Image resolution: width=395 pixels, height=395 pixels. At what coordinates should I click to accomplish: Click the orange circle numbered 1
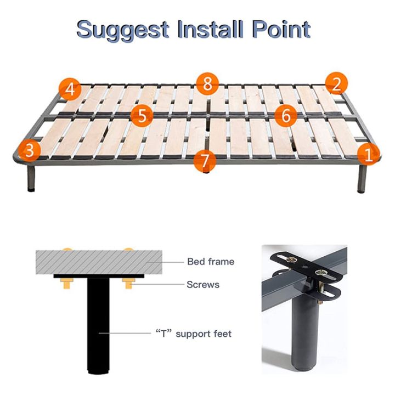pos(368,154)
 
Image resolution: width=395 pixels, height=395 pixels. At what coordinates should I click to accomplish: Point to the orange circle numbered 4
pos(69,89)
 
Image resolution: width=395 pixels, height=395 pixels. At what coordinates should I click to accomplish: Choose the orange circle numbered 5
pos(142,116)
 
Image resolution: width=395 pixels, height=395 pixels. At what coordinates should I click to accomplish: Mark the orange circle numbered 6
pos(285,115)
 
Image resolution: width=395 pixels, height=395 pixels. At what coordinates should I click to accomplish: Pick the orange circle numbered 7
pos(205,160)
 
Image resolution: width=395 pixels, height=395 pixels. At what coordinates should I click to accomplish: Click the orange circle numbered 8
pos(207,84)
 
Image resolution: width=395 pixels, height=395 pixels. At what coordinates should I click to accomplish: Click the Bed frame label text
pos(210,262)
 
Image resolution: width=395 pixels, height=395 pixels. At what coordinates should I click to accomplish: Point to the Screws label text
pos(202,285)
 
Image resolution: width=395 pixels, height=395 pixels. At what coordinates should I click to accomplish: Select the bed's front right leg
pos(362,179)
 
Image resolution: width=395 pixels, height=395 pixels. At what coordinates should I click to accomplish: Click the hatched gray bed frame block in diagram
pos(99,261)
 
